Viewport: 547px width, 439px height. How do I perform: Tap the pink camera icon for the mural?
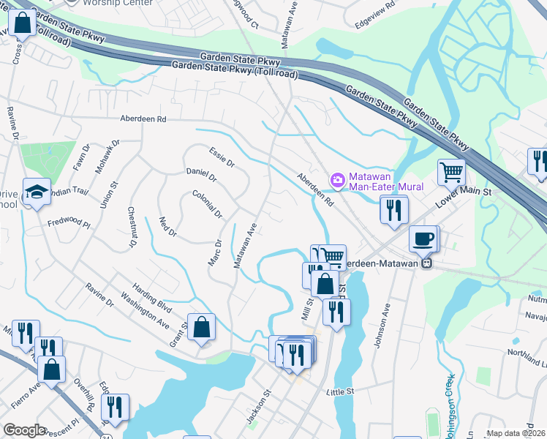pyautogui.click(x=338, y=179)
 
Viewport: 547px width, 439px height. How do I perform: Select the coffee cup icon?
pyautogui.click(x=423, y=239)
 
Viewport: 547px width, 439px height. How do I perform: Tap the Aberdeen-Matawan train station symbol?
pyautogui.click(x=429, y=263)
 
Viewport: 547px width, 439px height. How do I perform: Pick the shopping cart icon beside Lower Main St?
pyautogui.click(x=452, y=173)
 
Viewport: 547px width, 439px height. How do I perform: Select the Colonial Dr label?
pyautogui.click(x=207, y=204)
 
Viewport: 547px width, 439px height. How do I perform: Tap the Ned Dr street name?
pyautogui.click(x=168, y=227)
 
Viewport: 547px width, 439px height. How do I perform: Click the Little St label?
pyautogui.click(x=340, y=391)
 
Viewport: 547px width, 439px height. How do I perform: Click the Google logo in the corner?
pyautogui.click(x=24, y=430)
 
